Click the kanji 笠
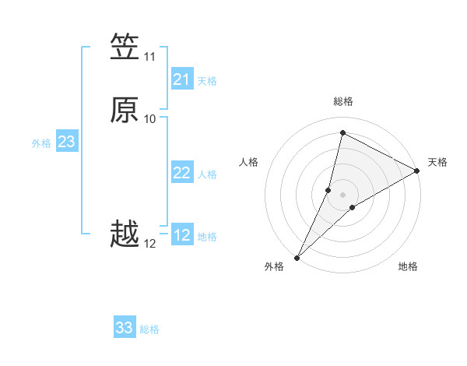point(125,47)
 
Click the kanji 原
point(125,109)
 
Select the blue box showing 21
point(182,79)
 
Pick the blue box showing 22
point(182,173)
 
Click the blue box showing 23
point(66,142)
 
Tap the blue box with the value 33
point(125,328)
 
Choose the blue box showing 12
point(182,235)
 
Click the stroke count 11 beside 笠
point(149,57)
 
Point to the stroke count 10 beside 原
point(149,119)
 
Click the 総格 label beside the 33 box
point(149,329)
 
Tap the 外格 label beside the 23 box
point(41,143)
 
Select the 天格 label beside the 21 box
point(207,81)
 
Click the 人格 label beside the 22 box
point(207,174)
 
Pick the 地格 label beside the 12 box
point(207,237)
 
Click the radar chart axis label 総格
point(342,101)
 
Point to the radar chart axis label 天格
point(437,162)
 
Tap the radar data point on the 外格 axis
point(297,257)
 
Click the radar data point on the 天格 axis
point(417,171)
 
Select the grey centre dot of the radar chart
point(342,194)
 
